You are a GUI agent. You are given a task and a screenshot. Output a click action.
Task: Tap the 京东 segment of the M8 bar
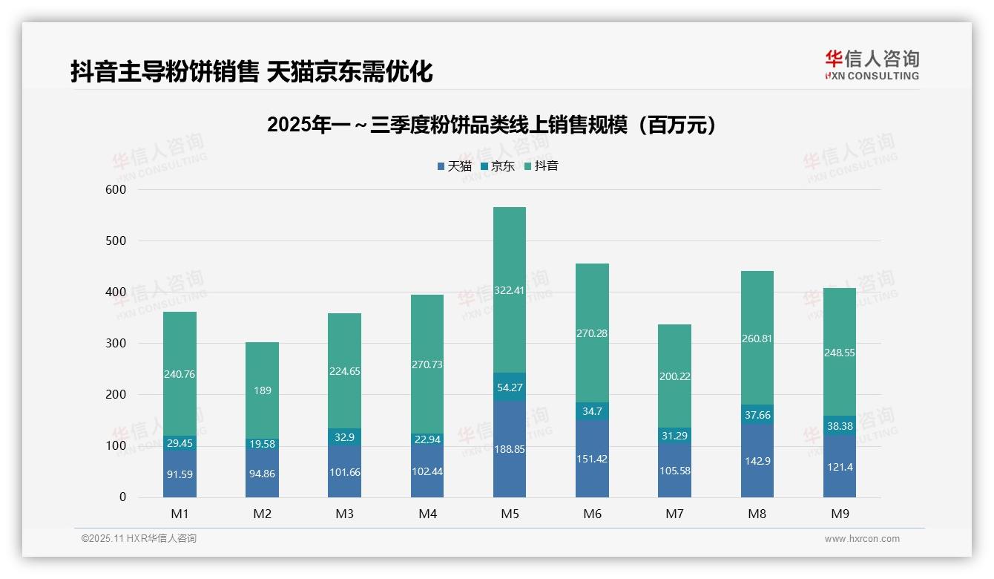coord(757,415)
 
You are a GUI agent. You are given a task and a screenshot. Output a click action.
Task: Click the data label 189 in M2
coord(262,390)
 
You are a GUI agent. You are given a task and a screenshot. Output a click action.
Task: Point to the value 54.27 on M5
coord(509,387)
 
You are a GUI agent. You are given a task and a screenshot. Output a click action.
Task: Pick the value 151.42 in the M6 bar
coord(591,459)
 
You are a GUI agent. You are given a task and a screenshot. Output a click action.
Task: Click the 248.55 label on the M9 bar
coord(839,353)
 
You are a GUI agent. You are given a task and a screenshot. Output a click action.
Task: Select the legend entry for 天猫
coord(454,166)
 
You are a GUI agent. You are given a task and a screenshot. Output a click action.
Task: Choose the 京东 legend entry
coord(498,166)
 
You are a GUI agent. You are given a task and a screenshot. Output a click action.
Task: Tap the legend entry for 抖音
coord(541,166)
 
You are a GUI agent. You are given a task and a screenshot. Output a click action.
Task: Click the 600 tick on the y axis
coord(117,190)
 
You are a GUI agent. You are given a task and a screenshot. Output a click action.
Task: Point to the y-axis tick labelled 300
coord(117,344)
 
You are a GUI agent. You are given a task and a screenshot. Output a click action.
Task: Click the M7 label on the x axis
coord(674,514)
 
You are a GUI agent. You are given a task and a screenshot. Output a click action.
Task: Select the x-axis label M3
coord(344,514)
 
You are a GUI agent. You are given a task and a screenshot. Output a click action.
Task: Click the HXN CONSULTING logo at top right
coord(872,65)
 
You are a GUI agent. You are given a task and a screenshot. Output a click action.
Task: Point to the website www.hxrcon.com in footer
coord(861,539)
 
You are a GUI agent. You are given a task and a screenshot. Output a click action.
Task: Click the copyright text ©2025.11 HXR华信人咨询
coord(139,539)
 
